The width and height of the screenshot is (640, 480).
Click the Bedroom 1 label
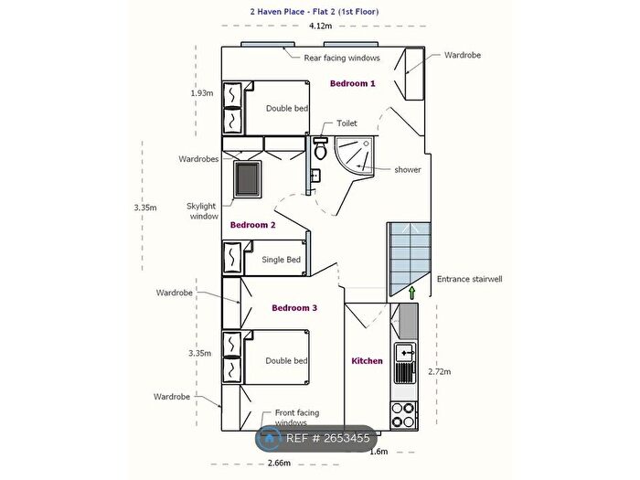pyautogui.click(x=352, y=83)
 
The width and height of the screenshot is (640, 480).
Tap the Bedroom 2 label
pyautogui.click(x=252, y=225)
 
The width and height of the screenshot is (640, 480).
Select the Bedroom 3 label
pyautogui.click(x=294, y=308)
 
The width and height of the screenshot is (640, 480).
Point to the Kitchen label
pyautogui.click(x=367, y=361)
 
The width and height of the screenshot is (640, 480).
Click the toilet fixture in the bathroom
pyautogui.click(x=320, y=148)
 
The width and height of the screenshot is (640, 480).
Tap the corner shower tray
pyautogui.click(x=354, y=156)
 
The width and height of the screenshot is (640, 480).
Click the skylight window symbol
pyautogui.click(x=248, y=179)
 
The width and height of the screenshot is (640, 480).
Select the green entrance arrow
pyautogui.click(x=411, y=293)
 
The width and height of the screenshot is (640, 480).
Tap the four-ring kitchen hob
pyautogui.click(x=403, y=415)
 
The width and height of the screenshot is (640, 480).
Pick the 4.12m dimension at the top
pyautogui.click(x=320, y=27)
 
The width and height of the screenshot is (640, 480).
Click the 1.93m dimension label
pyautogui.click(x=202, y=93)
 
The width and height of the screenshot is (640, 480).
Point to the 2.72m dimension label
pyautogui.click(x=440, y=371)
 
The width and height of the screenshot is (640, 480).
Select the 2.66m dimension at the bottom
pyautogui.click(x=279, y=463)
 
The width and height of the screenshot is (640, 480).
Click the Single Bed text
pyautogui.click(x=282, y=260)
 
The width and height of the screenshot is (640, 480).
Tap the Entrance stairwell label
pyautogui.click(x=469, y=279)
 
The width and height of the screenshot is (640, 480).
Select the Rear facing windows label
pyautogui.click(x=342, y=58)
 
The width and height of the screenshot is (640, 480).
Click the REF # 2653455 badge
pyautogui.click(x=316, y=438)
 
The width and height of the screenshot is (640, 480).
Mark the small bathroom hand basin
pyautogui.click(x=315, y=176)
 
